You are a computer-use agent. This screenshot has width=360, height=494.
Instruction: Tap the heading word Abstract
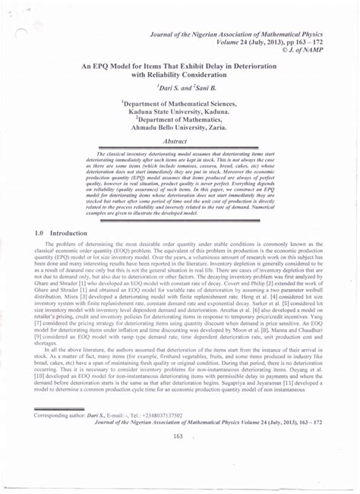tap(179, 141)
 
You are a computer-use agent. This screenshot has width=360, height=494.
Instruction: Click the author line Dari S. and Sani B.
tap(180, 89)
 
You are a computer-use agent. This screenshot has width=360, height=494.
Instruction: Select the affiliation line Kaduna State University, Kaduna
tap(180, 112)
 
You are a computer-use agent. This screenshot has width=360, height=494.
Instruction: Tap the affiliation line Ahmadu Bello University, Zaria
tap(180, 128)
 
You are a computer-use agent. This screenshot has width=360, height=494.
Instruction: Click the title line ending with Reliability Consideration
tap(180, 75)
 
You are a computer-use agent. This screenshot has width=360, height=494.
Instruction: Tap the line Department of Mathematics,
tap(180, 120)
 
